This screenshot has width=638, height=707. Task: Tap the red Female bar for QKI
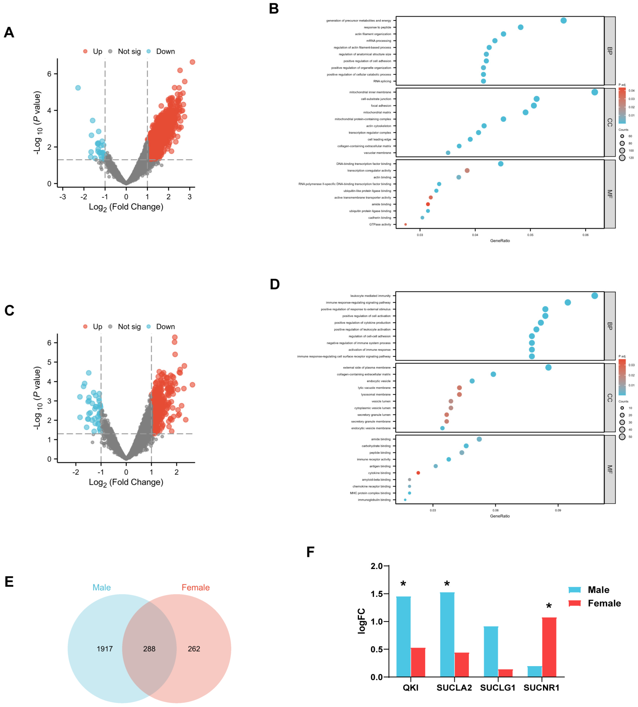tap(418, 662)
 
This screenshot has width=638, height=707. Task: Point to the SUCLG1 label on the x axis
tap(498, 688)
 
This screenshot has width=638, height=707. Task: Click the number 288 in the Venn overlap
tap(149, 649)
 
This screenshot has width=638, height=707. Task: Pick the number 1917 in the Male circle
tap(105, 649)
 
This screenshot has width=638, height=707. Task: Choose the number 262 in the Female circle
tap(194, 649)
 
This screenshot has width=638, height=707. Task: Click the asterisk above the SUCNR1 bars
tap(549, 606)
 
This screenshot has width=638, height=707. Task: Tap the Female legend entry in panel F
tap(594, 603)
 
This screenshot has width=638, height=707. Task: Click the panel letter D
tap(275, 284)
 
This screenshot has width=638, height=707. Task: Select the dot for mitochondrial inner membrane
tap(594, 92)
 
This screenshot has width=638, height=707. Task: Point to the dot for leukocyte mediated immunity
tap(594, 296)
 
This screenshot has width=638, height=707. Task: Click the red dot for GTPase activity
tap(405, 224)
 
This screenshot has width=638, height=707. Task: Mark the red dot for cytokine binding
tap(418, 473)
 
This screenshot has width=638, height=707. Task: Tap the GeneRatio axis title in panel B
tap(500, 241)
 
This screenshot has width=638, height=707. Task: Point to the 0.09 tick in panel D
tap(558, 510)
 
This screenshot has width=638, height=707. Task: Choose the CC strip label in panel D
tap(610, 398)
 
